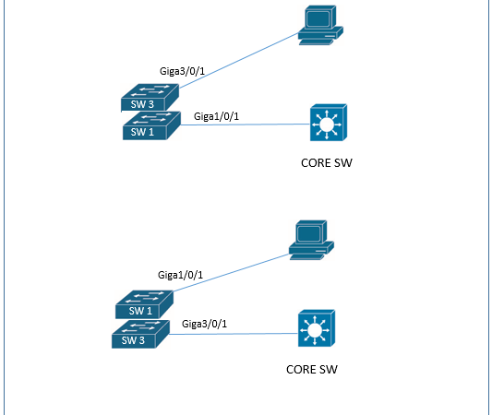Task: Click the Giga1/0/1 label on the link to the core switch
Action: [218, 116]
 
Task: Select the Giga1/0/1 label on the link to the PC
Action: [181, 275]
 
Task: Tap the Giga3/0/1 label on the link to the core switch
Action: [205, 323]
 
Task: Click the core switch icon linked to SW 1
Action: [328, 123]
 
